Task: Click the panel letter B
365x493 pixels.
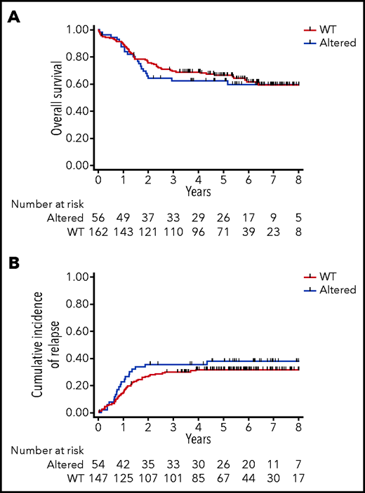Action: [x=14, y=263]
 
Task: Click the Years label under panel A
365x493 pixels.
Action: [x=199, y=190]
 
